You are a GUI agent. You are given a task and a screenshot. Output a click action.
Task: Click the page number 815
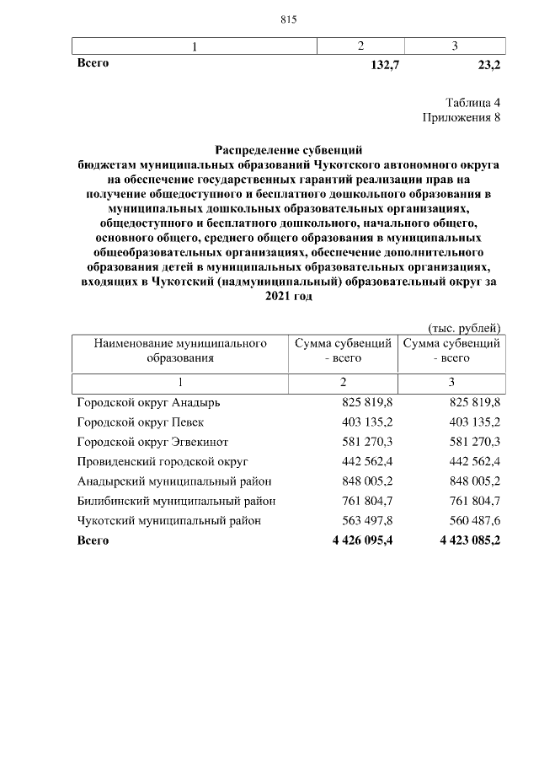click(289, 19)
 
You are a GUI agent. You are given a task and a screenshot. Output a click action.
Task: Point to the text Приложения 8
click(462, 117)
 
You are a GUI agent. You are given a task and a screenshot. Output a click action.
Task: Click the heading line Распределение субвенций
click(289, 150)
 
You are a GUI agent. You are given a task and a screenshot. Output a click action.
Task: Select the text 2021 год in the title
click(289, 296)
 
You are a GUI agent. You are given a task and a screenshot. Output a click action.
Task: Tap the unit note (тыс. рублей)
click(464, 327)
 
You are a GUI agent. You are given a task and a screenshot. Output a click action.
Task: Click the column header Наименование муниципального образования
click(179, 351)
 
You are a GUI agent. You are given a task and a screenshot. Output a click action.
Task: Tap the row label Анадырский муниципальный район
click(174, 481)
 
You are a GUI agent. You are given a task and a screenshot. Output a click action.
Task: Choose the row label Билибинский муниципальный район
click(177, 501)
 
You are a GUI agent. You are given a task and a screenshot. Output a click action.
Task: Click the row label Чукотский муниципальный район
click(168, 520)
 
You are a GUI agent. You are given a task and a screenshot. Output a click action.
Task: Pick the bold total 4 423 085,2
click(469, 540)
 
